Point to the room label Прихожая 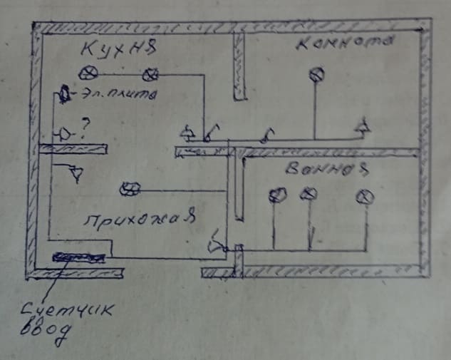pos(139,218)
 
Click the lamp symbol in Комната pos(316,73)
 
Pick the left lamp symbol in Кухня pos(88,72)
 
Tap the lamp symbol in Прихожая pos(130,188)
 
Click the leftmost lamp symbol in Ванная pos(277,195)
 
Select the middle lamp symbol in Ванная pos(308,195)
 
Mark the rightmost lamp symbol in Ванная pos(365,195)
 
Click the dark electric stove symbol pos(65,93)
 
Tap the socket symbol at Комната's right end pos(363,127)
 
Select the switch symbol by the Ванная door pos(215,246)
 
